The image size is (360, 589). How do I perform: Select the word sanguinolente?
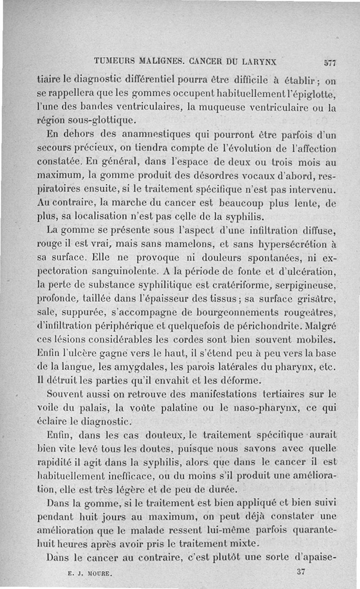[124, 272]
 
